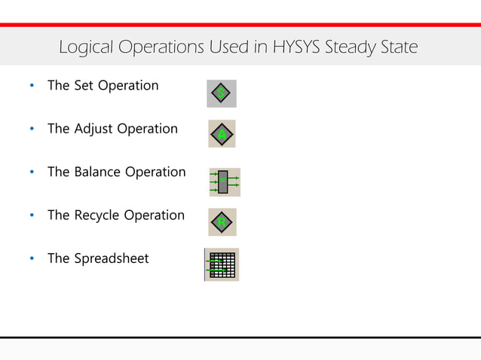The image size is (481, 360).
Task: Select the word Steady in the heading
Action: point(348,48)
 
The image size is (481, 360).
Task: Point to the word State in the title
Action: point(398,48)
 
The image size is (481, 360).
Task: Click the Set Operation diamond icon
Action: point(221,93)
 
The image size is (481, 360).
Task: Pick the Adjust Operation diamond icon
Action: point(222,134)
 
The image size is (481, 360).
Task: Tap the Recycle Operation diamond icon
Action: point(222,222)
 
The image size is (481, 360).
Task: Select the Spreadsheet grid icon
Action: point(222,264)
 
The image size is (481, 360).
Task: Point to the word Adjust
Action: point(93,129)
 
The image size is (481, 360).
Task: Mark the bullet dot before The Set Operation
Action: point(31,87)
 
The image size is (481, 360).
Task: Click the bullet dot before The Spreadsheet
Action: point(31,260)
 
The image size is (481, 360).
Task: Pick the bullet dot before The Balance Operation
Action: point(31,173)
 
